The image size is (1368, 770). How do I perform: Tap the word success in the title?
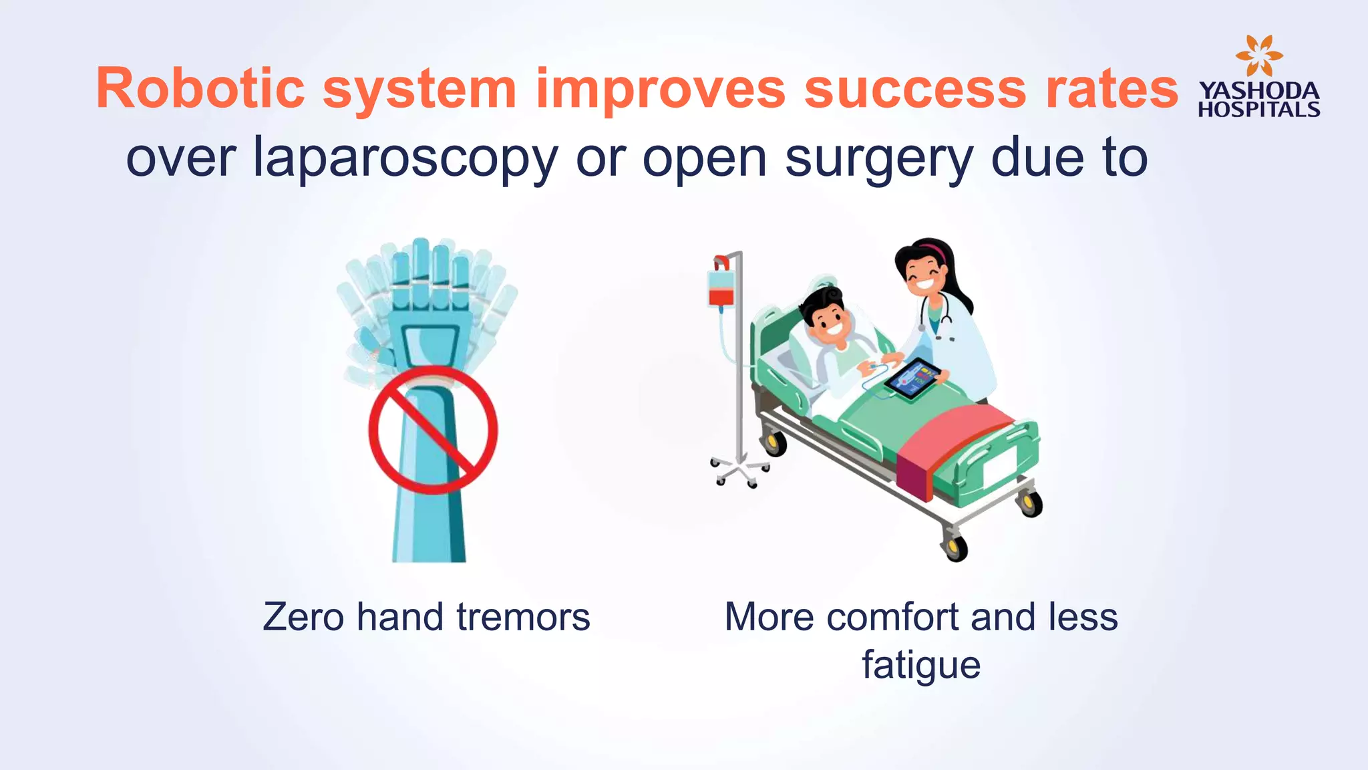914,88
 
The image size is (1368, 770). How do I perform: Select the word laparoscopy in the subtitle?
405,158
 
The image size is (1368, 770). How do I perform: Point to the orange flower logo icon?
1258,55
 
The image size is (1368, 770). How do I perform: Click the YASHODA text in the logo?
1258,91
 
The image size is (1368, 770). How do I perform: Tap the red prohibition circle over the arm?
433,430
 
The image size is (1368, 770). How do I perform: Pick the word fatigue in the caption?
920,664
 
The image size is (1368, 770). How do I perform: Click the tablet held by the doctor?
912,380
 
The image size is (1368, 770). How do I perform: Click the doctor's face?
924,274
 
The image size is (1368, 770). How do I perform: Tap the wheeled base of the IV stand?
739,469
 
